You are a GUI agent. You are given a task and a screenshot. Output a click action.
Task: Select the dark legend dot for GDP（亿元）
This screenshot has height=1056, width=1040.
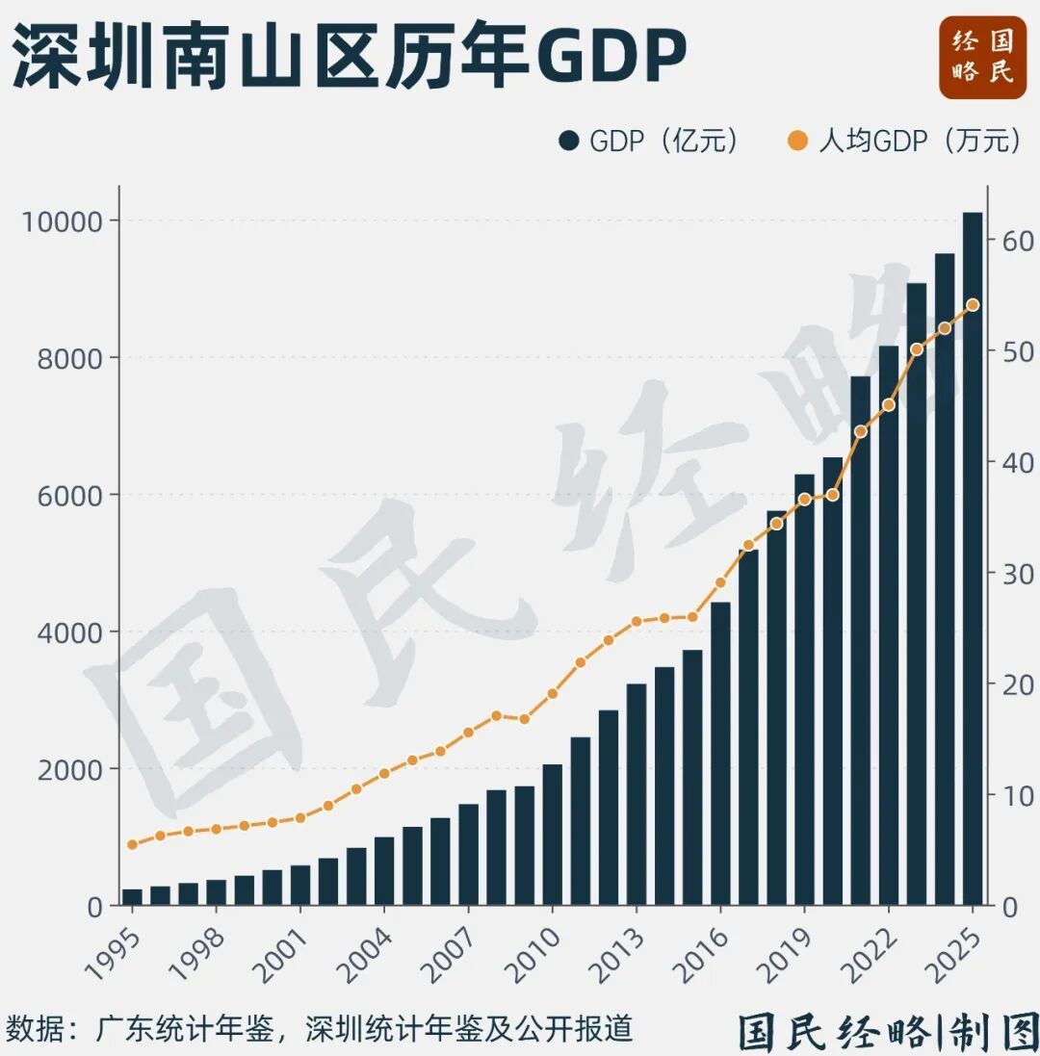coord(568,142)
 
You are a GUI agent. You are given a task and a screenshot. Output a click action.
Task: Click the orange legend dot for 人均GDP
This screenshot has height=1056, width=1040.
coord(797,142)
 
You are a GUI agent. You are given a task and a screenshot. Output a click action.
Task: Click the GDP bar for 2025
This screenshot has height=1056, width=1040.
coord(973,558)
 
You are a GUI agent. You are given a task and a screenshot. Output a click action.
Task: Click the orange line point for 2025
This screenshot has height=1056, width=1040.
coord(973,305)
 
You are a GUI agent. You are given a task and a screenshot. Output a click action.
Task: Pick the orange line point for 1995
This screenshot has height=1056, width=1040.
coord(132,844)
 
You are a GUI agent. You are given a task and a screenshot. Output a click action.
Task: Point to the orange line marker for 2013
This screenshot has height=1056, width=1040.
coord(637,622)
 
